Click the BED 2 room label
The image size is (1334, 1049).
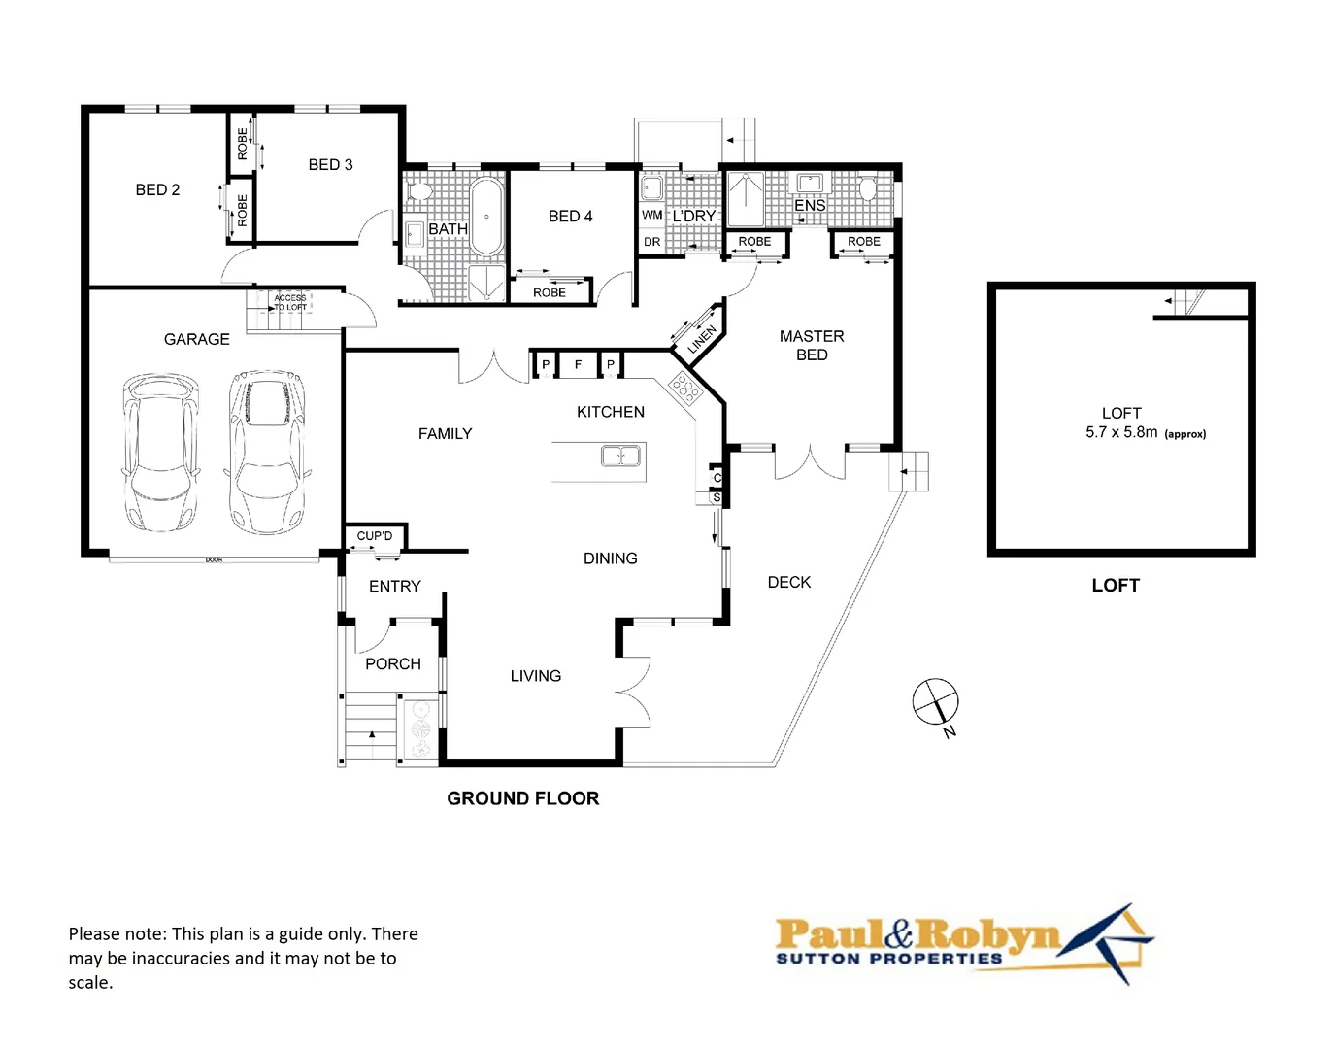pyautogui.click(x=157, y=190)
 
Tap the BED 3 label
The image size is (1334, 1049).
pyautogui.click(x=330, y=165)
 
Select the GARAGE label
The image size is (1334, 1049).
pyautogui.click(x=196, y=339)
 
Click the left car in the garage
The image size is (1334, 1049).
pyautogui.click(x=160, y=453)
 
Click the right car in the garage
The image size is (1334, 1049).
pyautogui.click(x=267, y=452)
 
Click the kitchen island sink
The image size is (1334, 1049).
pyautogui.click(x=620, y=456)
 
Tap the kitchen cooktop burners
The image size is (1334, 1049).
pyautogui.click(x=685, y=389)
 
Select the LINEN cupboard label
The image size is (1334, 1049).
pyautogui.click(x=702, y=339)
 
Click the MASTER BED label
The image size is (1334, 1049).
pyautogui.click(x=812, y=346)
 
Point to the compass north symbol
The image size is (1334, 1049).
pyautogui.click(x=936, y=702)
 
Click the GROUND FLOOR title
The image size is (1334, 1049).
pyautogui.click(x=522, y=798)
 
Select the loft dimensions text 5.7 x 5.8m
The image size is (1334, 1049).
pyautogui.click(x=1121, y=432)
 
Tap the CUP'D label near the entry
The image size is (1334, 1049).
pyautogui.click(x=375, y=536)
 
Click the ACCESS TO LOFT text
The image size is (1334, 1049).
pyautogui.click(x=289, y=302)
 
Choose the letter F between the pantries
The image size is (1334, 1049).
pyautogui.click(x=578, y=364)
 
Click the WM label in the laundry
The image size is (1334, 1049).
pyautogui.click(x=651, y=215)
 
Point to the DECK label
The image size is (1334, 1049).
pyautogui.click(x=788, y=582)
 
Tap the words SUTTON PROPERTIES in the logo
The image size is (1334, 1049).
pyautogui.click(x=888, y=959)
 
